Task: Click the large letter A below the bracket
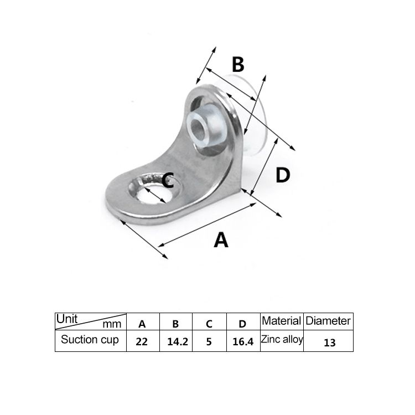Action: [221, 240]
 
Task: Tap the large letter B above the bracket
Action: [238, 64]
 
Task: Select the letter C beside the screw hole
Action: [168, 180]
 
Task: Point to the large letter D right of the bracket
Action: [283, 175]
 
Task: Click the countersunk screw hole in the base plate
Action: [155, 188]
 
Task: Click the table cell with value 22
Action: [143, 341]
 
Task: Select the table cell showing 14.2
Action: [176, 341]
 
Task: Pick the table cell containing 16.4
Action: [243, 341]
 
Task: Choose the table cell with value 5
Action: [209, 341]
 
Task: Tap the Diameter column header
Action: [328, 321]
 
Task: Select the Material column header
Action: [282, 321]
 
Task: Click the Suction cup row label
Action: [90, 340]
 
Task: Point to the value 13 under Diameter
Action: [330, 343]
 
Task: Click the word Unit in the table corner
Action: [67, 319]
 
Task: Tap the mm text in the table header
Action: [112, 324]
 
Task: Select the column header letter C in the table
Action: [209, 324]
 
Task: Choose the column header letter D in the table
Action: [242, 324]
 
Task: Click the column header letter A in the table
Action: [142, 324]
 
